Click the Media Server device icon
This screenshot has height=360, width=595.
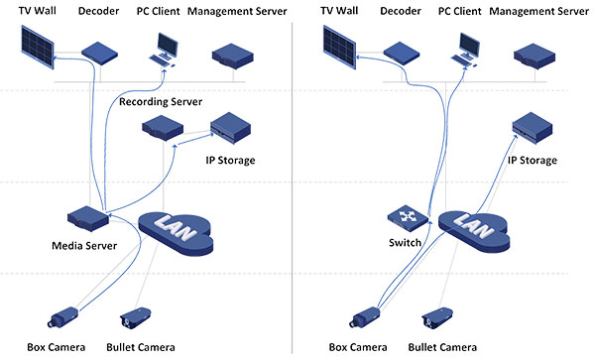[87, 220]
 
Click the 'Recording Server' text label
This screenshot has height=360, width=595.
[160, 101]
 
